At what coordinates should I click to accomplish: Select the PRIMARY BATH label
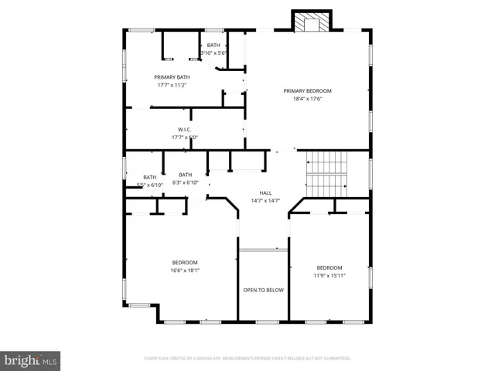pos(172,77)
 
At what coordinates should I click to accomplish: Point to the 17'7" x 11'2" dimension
pos(172,85)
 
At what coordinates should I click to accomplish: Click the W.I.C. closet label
pos(185,129)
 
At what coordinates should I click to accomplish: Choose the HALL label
pos(265,192)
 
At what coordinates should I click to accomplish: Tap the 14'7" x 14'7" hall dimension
pos(265,201)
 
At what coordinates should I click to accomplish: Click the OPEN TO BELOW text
pos(264,290)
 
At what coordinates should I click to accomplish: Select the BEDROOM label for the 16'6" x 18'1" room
pos(185,262)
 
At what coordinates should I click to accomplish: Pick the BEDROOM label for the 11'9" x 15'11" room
pos(329,267)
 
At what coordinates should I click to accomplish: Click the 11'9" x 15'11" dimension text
pos(329,276)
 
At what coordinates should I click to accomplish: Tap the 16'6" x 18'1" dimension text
pos(185,271)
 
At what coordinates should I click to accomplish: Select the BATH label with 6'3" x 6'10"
pos(186,175)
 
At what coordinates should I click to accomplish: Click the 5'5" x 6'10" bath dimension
pos(149,185)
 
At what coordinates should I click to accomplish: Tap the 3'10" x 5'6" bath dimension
pos(213,53)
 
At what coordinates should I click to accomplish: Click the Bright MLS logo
pos(31,360)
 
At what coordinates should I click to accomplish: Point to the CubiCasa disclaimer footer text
pos(247,359)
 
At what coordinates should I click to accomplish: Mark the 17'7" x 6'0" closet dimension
pos(185,138)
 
